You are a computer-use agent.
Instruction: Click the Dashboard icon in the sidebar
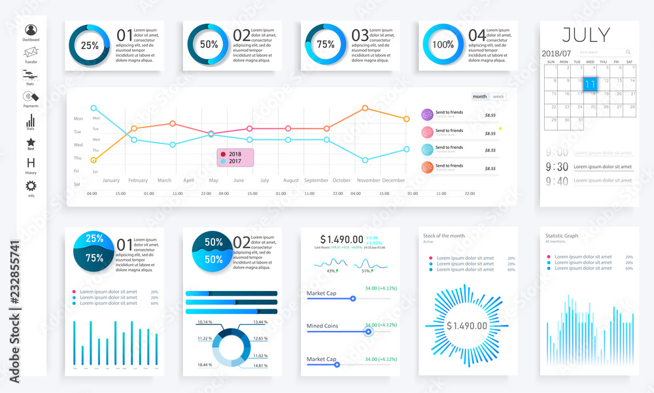pos(31,29)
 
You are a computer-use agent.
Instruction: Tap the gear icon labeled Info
pos(31,186)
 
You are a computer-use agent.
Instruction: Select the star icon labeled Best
pos(31,142)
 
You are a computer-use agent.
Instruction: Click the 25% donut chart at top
pos(90,45)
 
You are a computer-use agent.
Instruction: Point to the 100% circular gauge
pos(443,45)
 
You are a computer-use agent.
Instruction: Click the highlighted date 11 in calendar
pos(591,84)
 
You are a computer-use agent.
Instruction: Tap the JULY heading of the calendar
pos(586,35)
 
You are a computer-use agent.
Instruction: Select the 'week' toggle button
pos(498,97)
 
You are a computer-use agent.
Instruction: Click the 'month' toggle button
pos(480,97)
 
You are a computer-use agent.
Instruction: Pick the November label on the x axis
pos(368,180)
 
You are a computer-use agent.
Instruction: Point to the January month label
pos(111,180)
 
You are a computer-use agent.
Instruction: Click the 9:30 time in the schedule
pos(558,167)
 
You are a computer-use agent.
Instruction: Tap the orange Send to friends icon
pos(427,167)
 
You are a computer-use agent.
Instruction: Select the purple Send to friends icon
pos(427,114)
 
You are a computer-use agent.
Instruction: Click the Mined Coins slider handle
pos(368,332)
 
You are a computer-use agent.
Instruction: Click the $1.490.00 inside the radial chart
pos(467,326)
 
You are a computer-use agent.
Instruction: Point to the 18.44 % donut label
pos(205,364)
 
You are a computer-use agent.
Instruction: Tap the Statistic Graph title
pos(562,235)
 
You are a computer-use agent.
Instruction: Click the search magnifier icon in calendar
pos(628,52)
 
